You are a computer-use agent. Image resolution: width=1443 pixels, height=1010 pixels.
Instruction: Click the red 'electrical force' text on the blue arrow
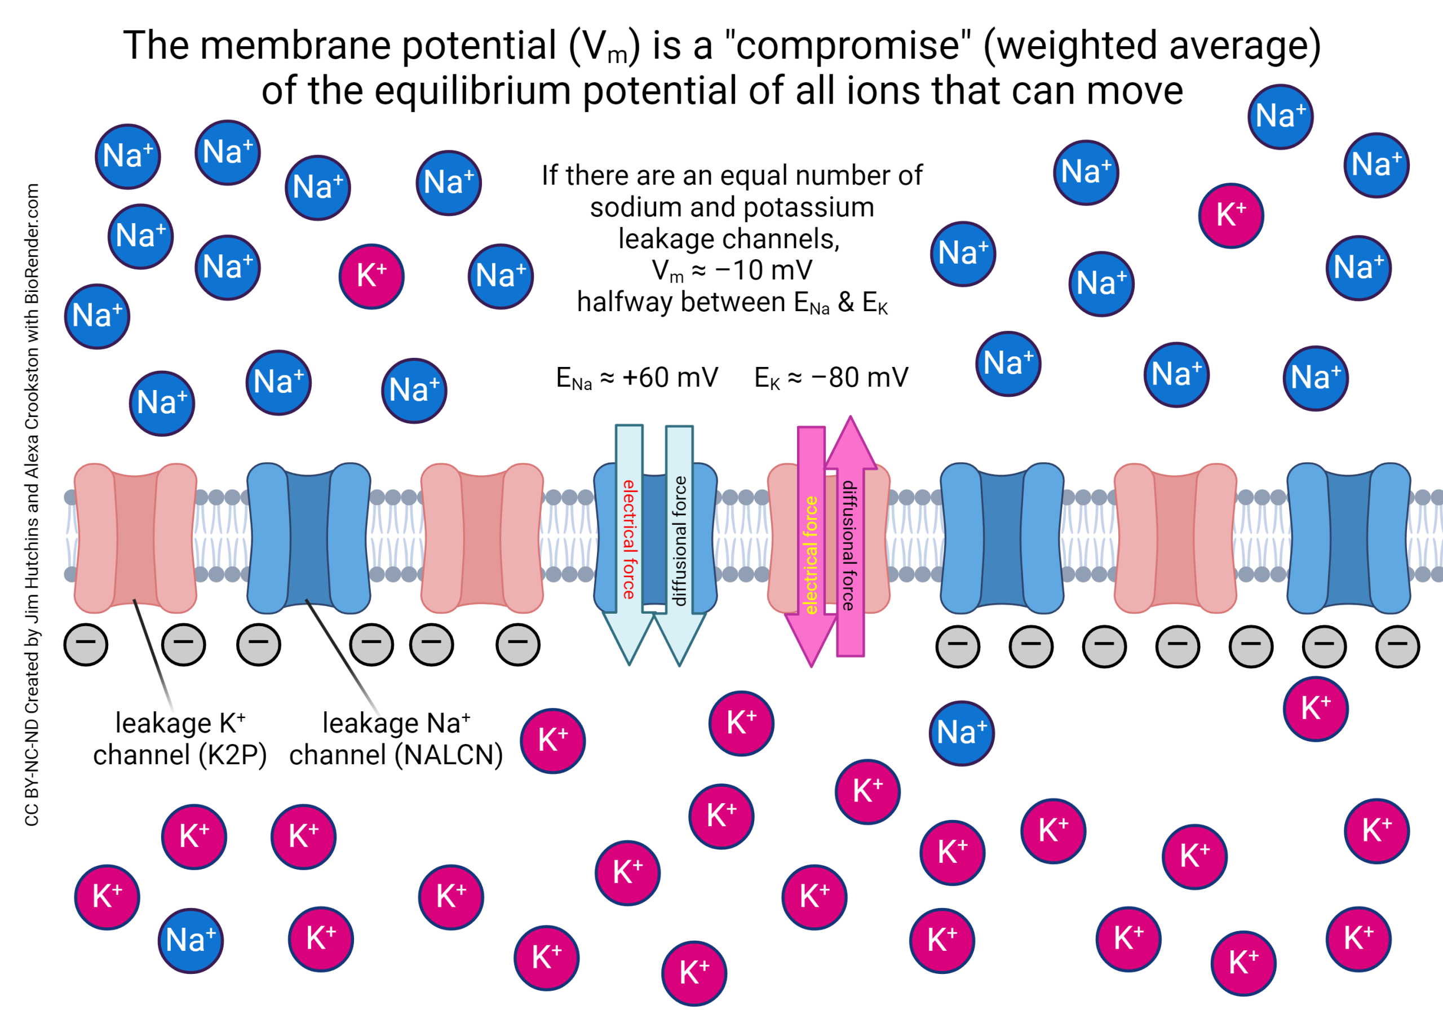[x=628, y=539]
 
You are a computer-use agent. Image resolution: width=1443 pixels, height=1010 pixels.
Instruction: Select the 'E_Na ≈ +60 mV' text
[x=636, y=378]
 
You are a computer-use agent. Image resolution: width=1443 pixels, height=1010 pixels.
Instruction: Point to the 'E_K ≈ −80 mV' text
[x=831, y=378]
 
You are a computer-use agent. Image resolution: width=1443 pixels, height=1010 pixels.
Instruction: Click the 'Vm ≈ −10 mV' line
[x=732, y=271]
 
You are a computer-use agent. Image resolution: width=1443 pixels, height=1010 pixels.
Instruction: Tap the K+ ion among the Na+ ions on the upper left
[x=371, y=277]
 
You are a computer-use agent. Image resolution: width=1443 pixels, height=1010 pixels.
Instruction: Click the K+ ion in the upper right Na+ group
[x=1230, y=215]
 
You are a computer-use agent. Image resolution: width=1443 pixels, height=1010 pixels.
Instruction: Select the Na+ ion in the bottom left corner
[x=191, y=940]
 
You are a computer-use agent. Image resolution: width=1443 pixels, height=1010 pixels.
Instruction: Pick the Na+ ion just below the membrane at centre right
[x=962, y=733]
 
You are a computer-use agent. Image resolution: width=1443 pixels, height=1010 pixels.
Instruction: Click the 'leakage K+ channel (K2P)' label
[x=180, y=739]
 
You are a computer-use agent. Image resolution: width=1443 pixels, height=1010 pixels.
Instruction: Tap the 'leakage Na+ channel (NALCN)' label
[x=396, y=739]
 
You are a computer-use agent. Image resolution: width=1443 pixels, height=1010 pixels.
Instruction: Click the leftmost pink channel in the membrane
[x=135, y=538]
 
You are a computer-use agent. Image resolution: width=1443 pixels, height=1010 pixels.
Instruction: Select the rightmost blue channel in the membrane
[x=1349, y=538]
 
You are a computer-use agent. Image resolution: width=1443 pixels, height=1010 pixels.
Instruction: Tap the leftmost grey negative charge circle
[x=86, y=644]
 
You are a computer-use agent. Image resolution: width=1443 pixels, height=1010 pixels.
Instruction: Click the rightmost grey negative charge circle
[x=1397, y=645]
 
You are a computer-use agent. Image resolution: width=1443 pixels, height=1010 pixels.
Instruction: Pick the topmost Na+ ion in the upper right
[x=1280, y=117]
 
